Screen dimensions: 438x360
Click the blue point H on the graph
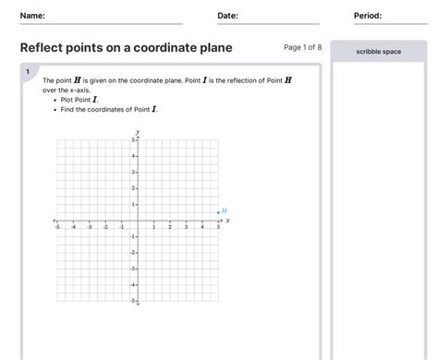[218, 212]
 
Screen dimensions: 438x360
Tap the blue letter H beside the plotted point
[225, 210]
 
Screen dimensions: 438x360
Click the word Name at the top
[31, 16]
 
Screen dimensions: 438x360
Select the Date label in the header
[227, 16]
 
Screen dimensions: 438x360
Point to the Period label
[368, 16]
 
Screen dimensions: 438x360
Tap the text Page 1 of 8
[302, 47]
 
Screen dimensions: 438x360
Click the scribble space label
[379, 52]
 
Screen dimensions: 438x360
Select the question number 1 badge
[29, 71]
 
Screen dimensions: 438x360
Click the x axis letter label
[227, 221]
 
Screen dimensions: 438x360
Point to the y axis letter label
[138, 133]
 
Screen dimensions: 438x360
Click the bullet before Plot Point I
[56, 100]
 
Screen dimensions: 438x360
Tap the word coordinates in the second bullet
[115, 109]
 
